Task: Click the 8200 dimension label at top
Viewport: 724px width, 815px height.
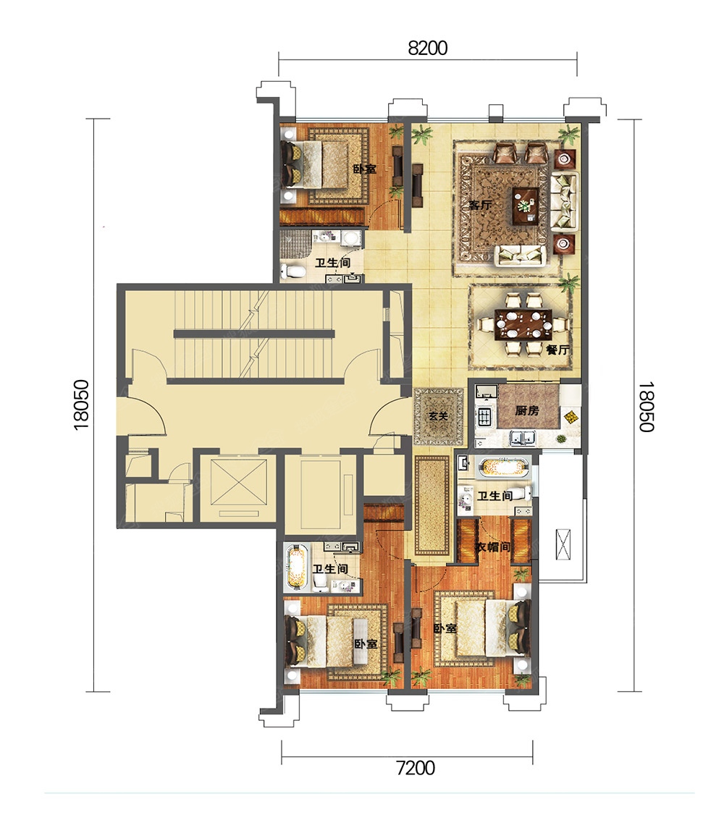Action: point(427,48)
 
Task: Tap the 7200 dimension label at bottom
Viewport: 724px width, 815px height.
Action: point(416,767)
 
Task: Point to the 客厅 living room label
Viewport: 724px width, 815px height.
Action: point(480,205)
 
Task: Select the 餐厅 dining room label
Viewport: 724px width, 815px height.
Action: point(557,350)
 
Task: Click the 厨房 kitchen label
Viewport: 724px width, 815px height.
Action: point(527,410)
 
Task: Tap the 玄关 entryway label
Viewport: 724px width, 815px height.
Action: point(439,416)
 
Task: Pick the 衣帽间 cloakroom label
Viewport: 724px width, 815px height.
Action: point(493,546)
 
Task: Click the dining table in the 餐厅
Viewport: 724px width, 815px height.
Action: point(523,324)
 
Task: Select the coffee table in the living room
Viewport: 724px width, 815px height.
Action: point(526,206)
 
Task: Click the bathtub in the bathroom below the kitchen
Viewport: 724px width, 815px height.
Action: point(505,467)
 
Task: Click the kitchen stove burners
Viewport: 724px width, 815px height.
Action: point(485,415)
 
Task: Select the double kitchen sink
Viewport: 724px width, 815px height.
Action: point(523,438)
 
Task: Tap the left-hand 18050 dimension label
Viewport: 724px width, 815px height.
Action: point(82,405)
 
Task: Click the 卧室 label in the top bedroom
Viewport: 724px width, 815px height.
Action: point(364,169)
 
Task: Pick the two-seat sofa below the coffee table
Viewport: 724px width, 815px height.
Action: point(521,255)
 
